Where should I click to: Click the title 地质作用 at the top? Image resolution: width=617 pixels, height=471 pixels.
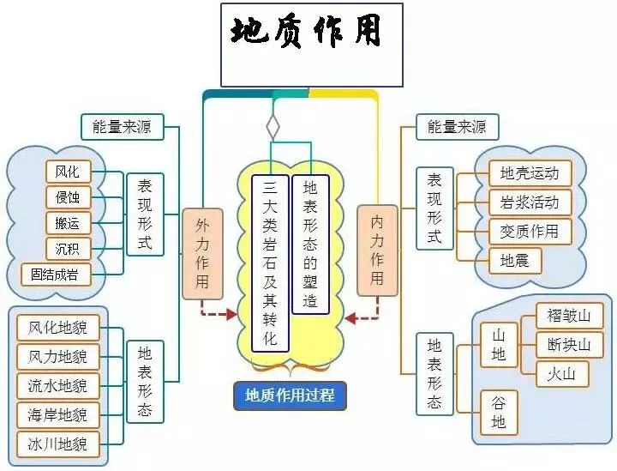pos(306,32)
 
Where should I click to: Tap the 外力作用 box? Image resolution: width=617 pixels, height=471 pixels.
pos(202,254)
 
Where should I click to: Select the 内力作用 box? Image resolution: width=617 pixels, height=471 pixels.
pos(377,251)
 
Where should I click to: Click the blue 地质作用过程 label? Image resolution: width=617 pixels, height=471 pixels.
pos(290,395)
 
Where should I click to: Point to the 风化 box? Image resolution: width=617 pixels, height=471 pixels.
pos(68,172)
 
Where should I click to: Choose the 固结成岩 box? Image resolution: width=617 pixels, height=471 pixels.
pos(56,275)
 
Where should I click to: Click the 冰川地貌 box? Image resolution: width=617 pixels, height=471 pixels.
pos(58,444)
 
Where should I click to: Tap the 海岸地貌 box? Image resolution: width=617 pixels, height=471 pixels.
pos(58,415)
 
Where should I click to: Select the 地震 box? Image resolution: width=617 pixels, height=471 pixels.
pos(515,260)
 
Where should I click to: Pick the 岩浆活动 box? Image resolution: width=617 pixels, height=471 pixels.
pos(530,202)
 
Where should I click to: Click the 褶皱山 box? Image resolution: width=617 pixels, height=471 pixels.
pos(569,316)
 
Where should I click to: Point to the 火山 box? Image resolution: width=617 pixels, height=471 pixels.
pos(562,374)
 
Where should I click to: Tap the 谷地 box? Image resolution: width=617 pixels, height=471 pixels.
pos(498,413)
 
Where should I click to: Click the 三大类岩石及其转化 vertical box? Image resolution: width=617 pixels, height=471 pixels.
pos(270,263)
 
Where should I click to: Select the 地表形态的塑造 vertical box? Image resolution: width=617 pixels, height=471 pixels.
pos(310,245)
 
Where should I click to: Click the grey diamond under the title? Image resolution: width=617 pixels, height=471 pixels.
pos(273,127)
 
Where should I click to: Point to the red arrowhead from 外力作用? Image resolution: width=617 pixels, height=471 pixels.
pos(231,314)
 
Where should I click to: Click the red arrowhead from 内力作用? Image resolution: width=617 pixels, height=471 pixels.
pos(350,317)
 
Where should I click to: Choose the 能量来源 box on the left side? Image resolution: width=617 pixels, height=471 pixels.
pos(123,127)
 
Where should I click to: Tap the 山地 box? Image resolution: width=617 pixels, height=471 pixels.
pos(498,345)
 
